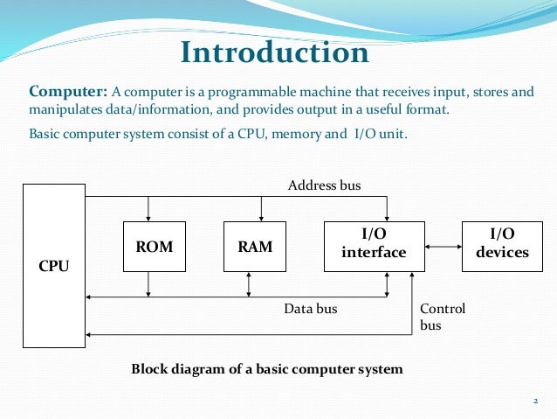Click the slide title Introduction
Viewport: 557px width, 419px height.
coord(275,52)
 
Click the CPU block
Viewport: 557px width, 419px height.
coord(54,265)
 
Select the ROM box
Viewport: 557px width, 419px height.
coord(154,248)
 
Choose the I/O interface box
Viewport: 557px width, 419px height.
coord(374,245)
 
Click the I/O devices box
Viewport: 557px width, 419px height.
coord(503,245)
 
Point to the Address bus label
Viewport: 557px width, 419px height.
coord(324,185)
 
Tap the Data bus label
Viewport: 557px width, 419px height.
coord(311,309)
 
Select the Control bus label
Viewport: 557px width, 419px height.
coord(443,317)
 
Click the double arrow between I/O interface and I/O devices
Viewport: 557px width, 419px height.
coord(444,247)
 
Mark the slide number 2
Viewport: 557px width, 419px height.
coord(535,402)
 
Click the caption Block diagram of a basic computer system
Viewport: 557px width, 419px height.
coord(267,369)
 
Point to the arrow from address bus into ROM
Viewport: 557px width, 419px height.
coord(150,209)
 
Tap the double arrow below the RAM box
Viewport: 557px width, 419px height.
coord(250,283)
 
